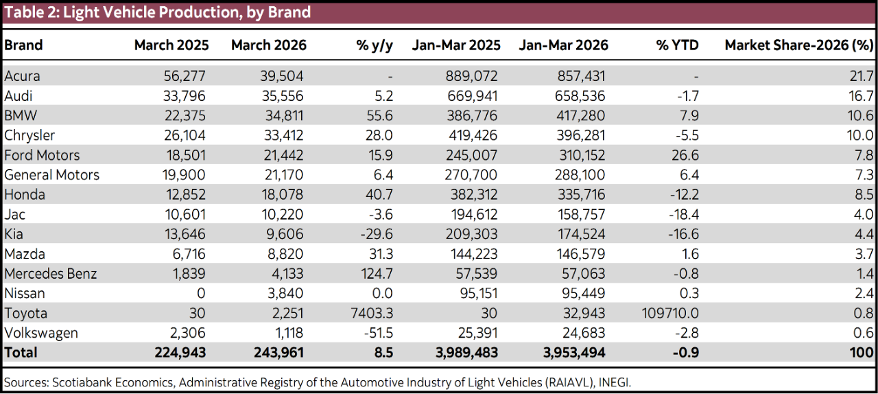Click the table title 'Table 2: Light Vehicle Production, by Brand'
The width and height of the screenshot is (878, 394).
pos(158,12)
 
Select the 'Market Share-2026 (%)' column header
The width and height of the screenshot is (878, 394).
pos(798,45)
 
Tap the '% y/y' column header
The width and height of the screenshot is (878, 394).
pos(375,45)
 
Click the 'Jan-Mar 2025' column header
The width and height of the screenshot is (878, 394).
pos(456,45)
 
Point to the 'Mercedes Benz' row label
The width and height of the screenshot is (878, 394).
pos(51,274)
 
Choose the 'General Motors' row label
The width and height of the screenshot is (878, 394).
pos(52,175)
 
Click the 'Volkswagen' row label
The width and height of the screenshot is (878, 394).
pos(41,334)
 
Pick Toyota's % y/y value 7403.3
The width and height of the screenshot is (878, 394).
pos(370,314)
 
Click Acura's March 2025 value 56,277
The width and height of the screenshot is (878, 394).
pos(182,76)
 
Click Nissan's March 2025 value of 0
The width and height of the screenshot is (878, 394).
pos(201,294)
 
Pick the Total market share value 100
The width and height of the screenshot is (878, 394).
pos(861,354)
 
